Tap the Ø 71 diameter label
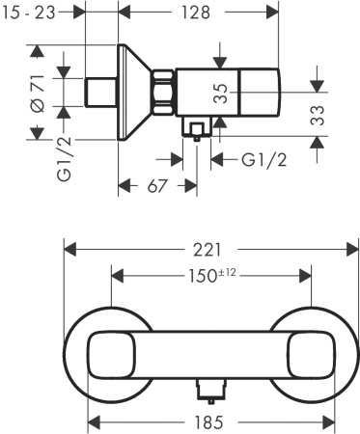[38, 95]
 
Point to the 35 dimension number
[222, 94]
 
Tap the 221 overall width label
[211, 250]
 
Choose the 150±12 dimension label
[211, 276]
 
